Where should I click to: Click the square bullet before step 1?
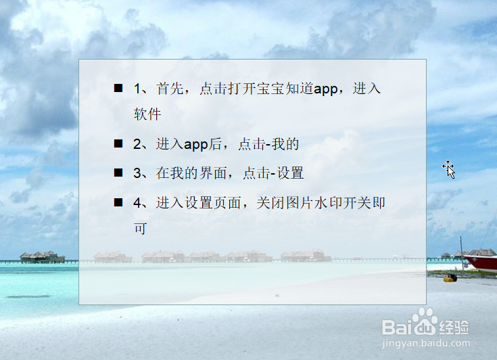click(118, 88)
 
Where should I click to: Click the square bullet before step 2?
click(118, 143)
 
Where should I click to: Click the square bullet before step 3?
click(118, 173)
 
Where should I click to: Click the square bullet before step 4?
click(118, 202)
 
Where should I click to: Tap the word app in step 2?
click(195, 144)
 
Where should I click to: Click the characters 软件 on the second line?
click(147, 114)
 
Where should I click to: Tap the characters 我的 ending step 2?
click(286, 144)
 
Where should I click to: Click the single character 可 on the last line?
click(141, 228)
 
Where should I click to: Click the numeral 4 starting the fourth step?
click(137, 202)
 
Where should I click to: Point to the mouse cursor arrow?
click(448, 168)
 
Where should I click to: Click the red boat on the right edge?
click(481, 261)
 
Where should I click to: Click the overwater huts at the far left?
click(42, 256)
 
